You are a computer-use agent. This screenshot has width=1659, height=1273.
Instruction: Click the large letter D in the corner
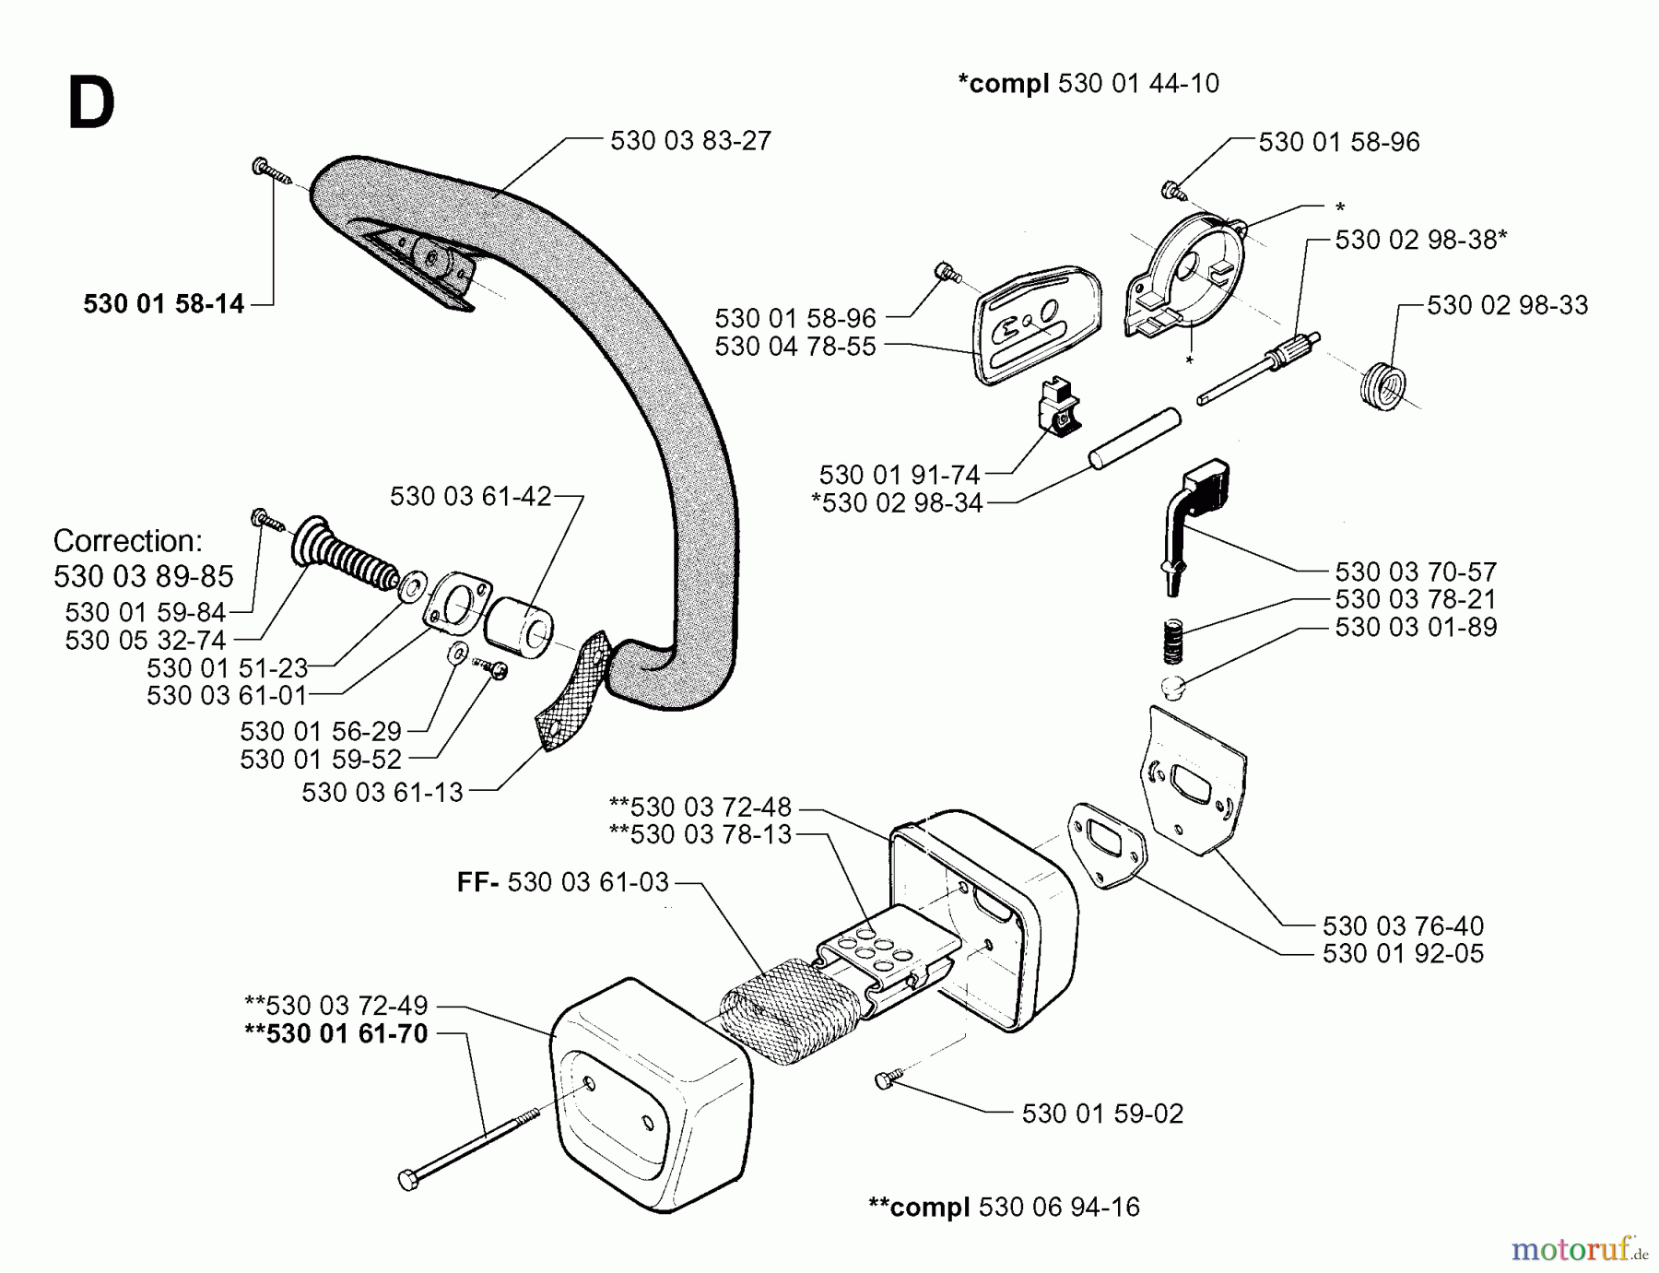[91, 105]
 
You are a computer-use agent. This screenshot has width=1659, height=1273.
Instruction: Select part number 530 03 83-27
[690, 141]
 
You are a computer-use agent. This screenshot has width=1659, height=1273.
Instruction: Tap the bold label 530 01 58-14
[163, 304]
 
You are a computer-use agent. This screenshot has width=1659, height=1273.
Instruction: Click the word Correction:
[127, 541]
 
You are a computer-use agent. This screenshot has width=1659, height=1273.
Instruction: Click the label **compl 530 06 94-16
[1004, 1207]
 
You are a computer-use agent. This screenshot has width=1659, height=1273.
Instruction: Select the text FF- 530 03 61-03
[563, 882]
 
